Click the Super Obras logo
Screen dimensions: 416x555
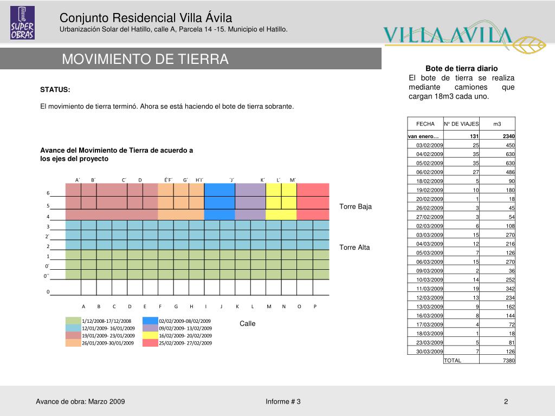point(22,23)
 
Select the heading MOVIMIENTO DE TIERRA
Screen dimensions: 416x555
point(145,59)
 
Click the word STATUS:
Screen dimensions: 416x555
point(55,89)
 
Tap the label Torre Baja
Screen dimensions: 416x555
point(356,206)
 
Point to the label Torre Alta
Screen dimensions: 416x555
point(354,248)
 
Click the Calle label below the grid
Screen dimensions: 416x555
point(248,323)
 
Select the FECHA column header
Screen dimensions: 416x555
point(425,124)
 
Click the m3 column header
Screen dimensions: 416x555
point(497,124)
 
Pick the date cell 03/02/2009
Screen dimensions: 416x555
point(430,145)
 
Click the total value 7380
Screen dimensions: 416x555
point(508,360)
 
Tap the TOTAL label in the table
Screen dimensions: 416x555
point(453,360)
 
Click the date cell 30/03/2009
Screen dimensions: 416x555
point(430,352)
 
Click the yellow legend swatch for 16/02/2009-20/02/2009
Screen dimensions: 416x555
point(150,335)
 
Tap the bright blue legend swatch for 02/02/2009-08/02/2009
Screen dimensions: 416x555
point(150,321)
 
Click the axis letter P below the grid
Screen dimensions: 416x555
point(315,307)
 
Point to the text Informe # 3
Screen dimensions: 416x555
point(283,401)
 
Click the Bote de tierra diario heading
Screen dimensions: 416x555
point(461,68)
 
